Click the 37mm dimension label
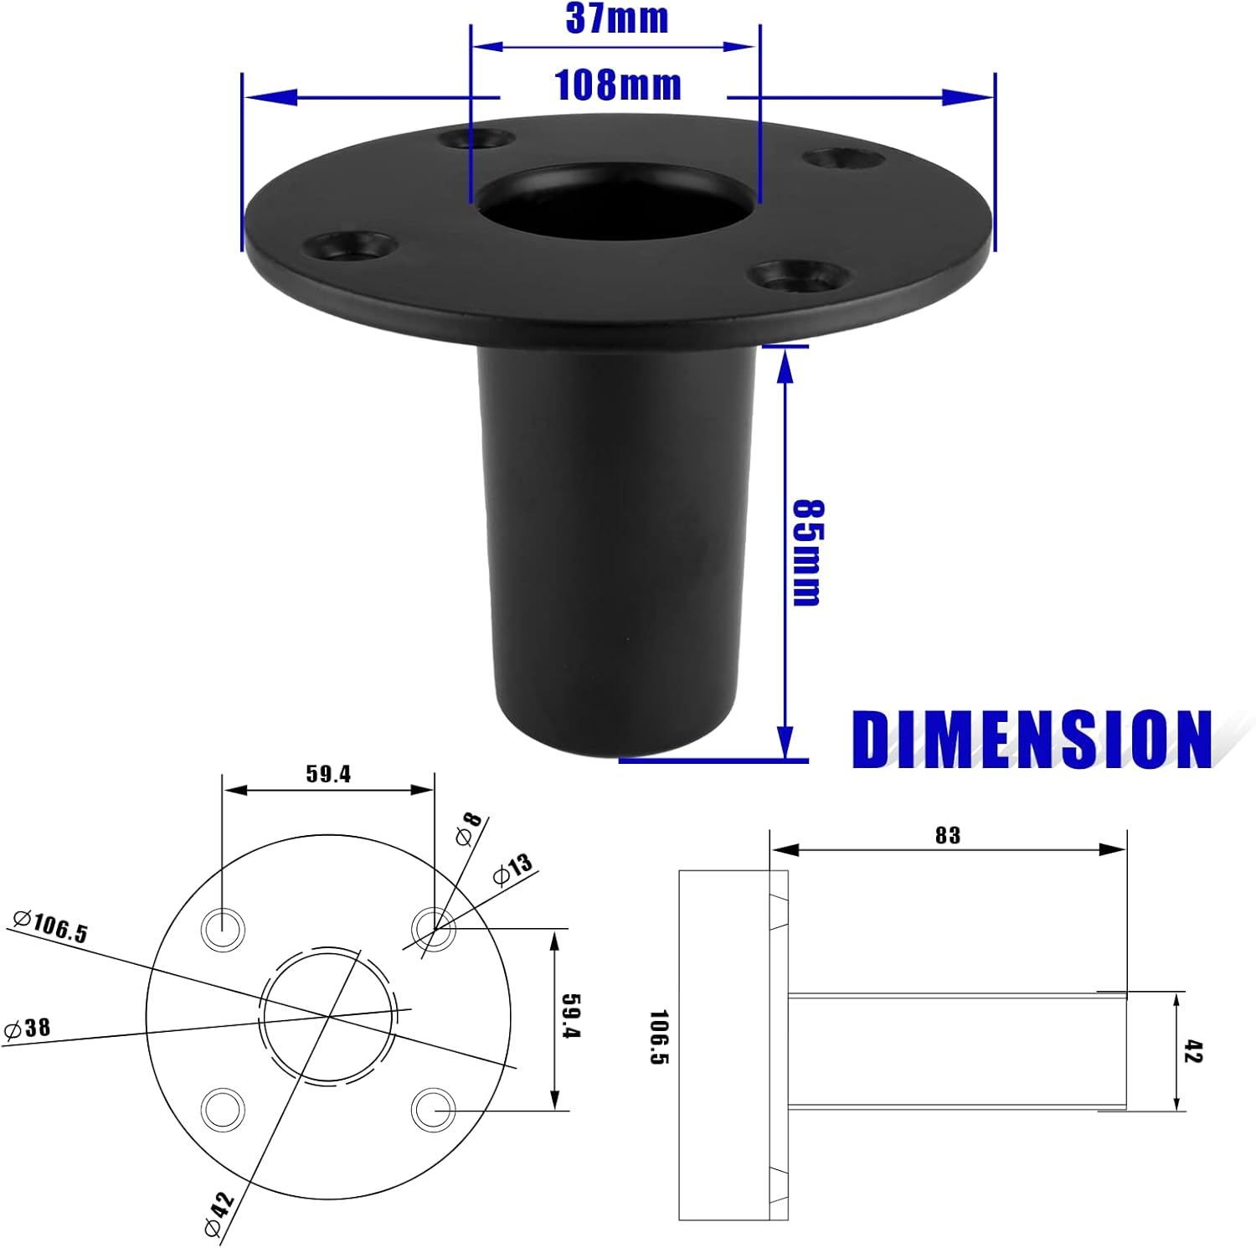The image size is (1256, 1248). (x=617, y=18)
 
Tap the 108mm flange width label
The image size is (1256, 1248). (x=618, y=85)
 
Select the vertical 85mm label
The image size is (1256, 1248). (x=807, y=553)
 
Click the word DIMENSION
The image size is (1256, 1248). (x=1032, y=739)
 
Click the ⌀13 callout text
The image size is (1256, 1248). (x=512, y=869)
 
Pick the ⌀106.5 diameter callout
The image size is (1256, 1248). (x=50, y=926)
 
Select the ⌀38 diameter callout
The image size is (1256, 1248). (x=28, y=1028)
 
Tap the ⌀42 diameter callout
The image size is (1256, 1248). (x=219, y=1211)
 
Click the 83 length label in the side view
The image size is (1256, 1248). (x=948, y=835)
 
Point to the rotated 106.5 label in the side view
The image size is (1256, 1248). (x=659, y=1037)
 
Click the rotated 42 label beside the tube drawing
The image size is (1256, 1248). (x=1193, y=1052)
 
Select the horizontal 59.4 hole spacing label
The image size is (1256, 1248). (x=328, y=774)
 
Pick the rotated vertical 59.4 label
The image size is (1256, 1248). (x=570, y=1016)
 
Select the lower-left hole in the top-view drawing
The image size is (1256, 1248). (x=224, y=1110)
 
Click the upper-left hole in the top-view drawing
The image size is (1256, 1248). (x=224, y=928)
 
